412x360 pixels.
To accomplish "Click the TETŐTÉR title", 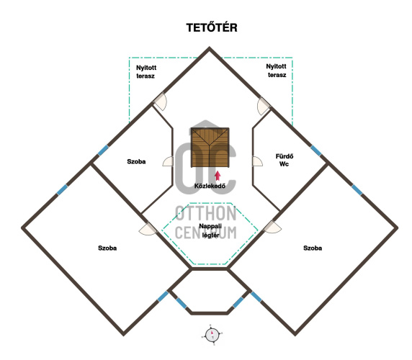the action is coord(212,27).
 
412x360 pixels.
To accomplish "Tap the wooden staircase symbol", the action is coord(210,148).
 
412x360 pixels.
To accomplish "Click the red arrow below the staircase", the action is coord(218,176).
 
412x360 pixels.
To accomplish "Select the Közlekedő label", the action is coord(210,186).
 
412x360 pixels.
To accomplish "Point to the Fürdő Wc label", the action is coord(285,160).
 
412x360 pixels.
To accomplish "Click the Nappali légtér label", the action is coord(210,230).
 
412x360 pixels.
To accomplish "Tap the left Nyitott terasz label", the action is coord(146,72).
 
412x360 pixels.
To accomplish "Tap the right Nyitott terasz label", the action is coord(276,71).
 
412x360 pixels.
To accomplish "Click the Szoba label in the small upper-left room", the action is coord(136,161).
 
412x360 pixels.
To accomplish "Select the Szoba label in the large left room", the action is coord(107,248).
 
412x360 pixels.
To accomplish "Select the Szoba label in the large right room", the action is coord(313,248).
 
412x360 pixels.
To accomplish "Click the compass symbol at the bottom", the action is coord(212,336).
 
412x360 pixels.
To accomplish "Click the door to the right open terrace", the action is coord(263,106).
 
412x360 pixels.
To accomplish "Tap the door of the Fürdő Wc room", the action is coord(257,161).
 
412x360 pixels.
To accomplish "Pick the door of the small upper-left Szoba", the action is coord(168,161).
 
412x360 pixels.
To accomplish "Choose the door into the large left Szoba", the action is coord(148,229).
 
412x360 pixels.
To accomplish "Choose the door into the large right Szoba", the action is coord(272,227).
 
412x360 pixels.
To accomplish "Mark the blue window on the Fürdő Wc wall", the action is coord(315,150).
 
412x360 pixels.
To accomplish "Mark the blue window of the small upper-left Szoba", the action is coord(103,150).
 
